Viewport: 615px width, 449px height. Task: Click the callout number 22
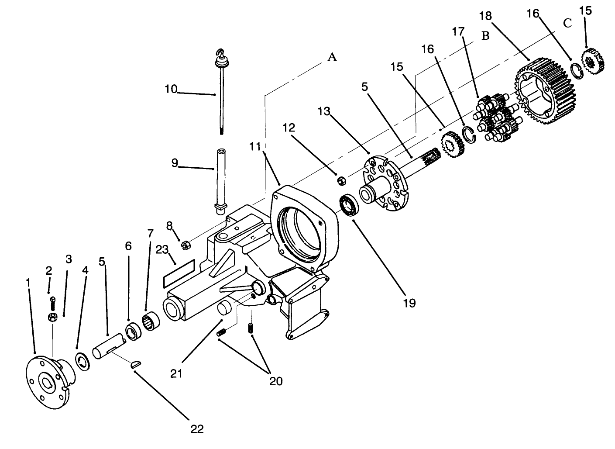point(197,429)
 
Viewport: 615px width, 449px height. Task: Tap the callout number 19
point(409,303)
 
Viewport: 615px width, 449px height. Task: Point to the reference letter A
point(332,57)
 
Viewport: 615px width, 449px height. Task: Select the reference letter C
point(567,24)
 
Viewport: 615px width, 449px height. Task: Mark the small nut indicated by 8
point(185,245)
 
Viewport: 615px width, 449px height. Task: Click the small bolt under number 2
point(52,300)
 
